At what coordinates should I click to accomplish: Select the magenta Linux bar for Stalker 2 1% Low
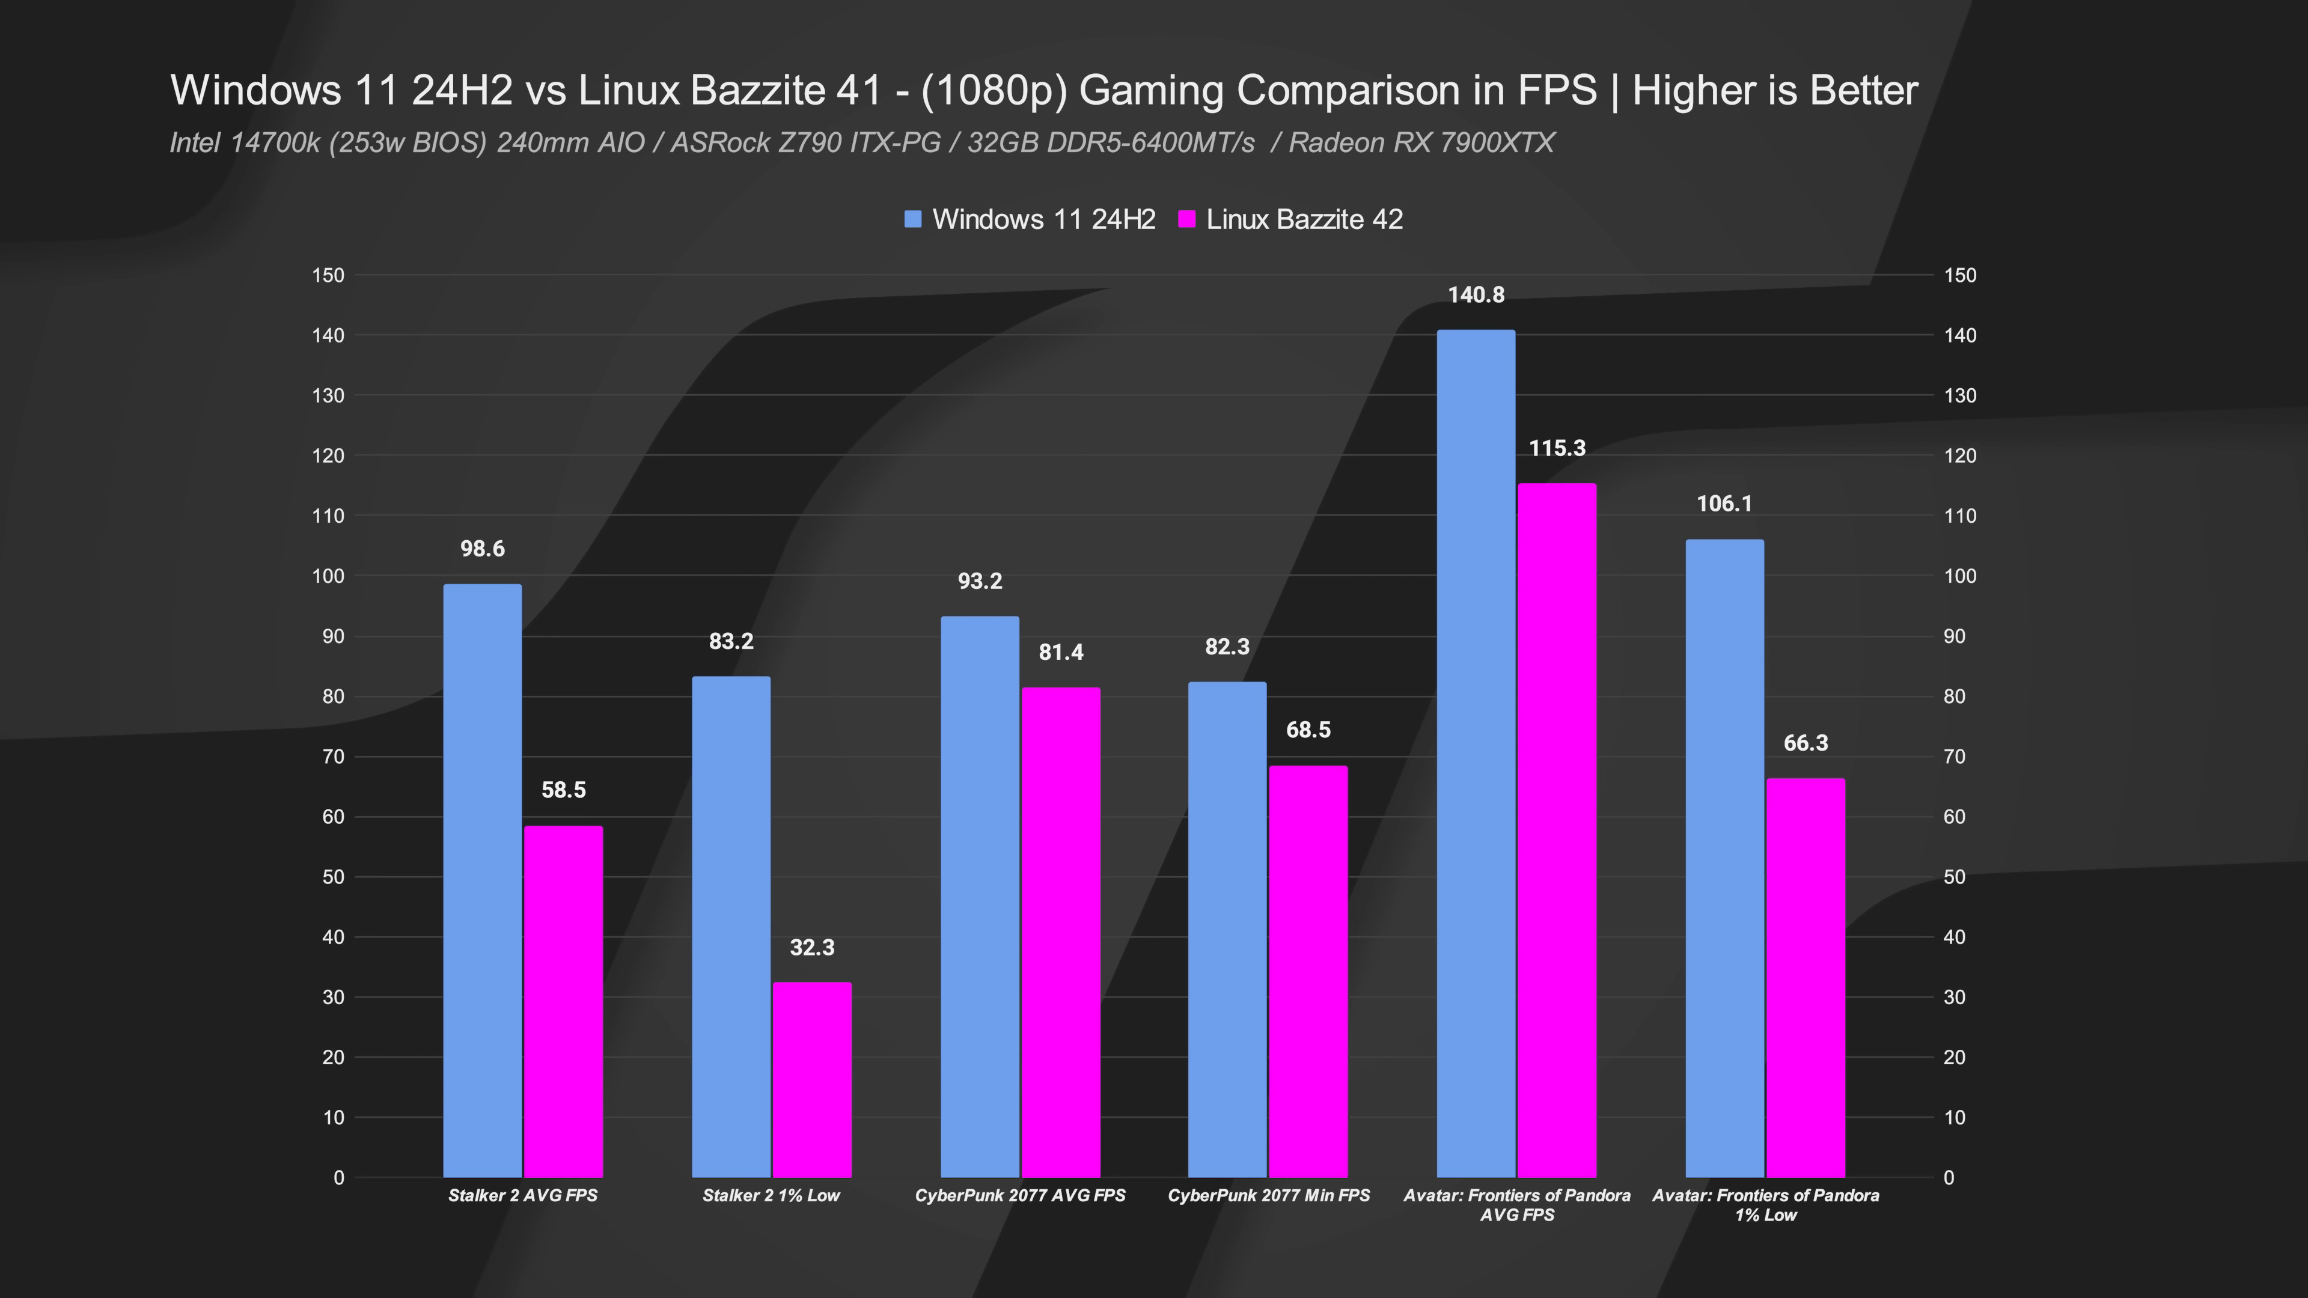click(x=812, y=1079)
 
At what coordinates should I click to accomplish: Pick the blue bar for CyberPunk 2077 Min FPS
click(x=1227, y=929)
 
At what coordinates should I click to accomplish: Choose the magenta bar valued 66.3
click(x=1806, y=977)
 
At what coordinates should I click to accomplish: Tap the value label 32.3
click(x=812, y=948)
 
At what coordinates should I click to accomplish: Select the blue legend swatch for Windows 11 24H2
click(x=913, y=219)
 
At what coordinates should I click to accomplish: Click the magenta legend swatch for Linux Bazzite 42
click(x=1187, y=219)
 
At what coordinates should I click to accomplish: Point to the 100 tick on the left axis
click(x=329, y=576)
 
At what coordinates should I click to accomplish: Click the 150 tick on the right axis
click(x=1959, y=275)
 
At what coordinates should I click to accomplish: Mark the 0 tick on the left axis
click(x=338, y=1178)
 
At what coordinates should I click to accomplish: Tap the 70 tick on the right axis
click(x=1954, y=757)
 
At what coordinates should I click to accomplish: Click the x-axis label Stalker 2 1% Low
click(x=771, y=1196)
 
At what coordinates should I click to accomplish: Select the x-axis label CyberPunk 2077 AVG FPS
click(x=1019, y=1196)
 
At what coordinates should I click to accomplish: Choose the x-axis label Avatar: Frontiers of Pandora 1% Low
click(x=1765, y=1205)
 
